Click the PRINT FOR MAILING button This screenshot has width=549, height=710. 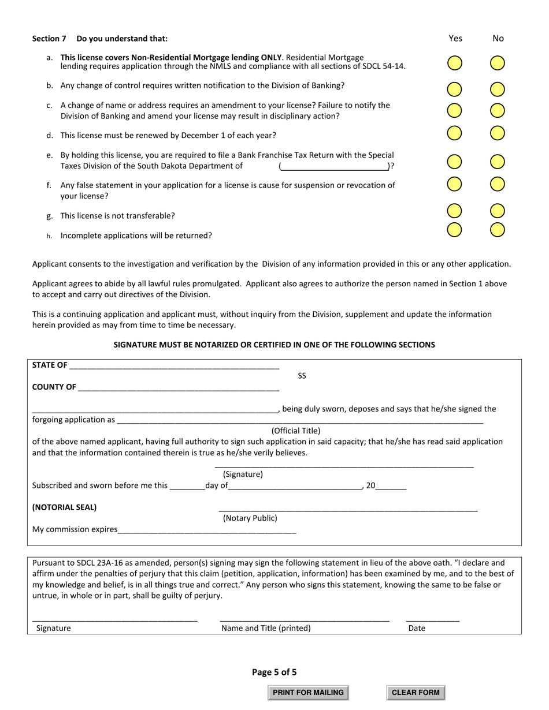click(x=308, y=693)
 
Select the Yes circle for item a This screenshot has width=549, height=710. click(x=455, y=63)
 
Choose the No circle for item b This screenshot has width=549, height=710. click(x=498, y=89)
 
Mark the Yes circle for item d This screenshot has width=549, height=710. click(x=455, y=133)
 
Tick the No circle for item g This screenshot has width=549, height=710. click(x=498, y=211)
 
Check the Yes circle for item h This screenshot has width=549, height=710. click(x=455, y=230)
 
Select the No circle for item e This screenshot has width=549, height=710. click(x=498, y=162)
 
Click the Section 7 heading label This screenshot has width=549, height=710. click(x=49, y=39)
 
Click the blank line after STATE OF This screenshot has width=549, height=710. click(x=173, y=365)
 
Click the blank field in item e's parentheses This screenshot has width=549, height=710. click(x=334, y=166)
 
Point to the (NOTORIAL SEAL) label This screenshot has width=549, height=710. click(x=65, y=507)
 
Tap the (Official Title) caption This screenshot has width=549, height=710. click(x=296, y=431)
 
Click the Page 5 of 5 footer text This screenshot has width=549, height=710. click(x=274, y=672)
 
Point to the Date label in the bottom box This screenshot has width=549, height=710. click(x=417, y=628)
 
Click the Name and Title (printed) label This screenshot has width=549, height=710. click(x=266, y=628)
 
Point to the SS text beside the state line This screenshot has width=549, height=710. click(x=302, y=376)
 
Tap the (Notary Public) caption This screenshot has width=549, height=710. click(x=250, y=518)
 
